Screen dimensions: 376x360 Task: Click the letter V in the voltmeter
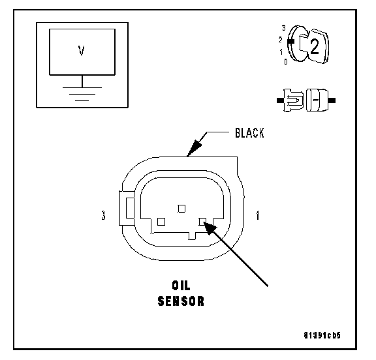coord(82,50)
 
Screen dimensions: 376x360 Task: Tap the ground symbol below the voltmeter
coord(82,94)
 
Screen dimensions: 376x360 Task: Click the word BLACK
coord(249,133)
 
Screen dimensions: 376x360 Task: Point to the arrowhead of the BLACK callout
coord(195,148)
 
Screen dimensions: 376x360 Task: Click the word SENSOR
coord(181,301)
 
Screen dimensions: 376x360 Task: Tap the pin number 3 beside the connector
coord(103,215)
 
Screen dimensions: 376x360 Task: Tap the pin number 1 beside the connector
coord(258,215)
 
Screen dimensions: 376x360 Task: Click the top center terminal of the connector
coord(181,209)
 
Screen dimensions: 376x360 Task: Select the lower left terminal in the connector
coord(161,222)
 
